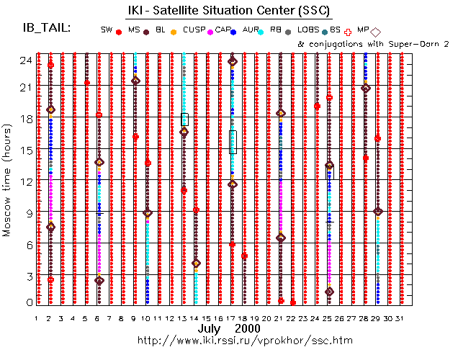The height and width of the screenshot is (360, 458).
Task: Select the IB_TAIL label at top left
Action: [x=47, y=28]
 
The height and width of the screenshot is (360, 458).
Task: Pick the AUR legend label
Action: [x=251, y=30]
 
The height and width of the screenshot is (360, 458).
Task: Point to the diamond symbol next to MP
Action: [x=376, y=31]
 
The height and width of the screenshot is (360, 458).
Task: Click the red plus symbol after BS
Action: [x=349, y=31]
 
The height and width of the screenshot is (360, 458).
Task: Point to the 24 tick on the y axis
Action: [x=27, y=60]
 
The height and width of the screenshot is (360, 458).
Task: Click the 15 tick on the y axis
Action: [x=27, y=150]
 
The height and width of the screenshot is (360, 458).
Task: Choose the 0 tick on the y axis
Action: [x=29, y=303]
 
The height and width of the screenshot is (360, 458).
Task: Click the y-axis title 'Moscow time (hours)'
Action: [x=9, y=181]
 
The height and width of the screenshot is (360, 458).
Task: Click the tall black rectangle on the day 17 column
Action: [x=232, y=142]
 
